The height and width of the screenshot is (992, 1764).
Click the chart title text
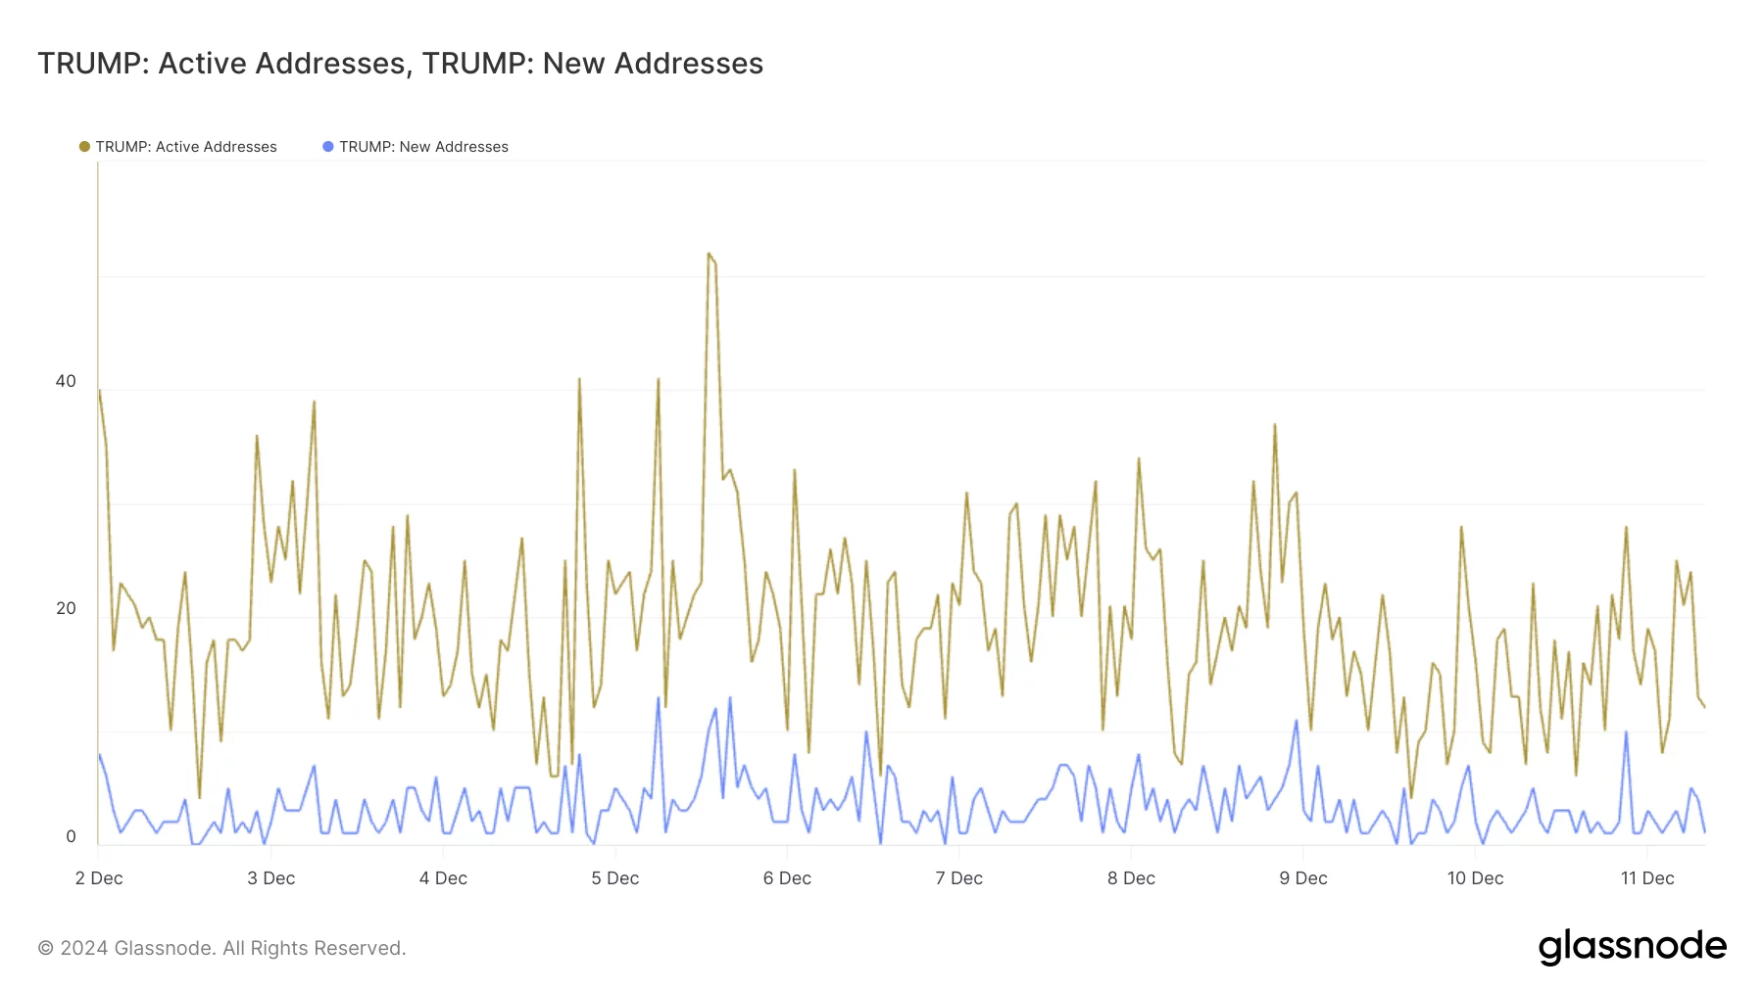coord(400,64)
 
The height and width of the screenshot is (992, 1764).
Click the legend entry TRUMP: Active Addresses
coord(185,147)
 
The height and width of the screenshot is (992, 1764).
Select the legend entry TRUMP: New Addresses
coord(423,147)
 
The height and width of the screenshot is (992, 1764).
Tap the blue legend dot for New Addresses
coord(328,147)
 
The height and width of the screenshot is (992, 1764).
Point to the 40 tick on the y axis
coord(66,381)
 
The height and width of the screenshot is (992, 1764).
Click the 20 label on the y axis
coord(66,608)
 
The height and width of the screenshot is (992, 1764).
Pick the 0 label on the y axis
coord(71,836)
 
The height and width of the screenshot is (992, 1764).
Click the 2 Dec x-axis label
coord(99,878)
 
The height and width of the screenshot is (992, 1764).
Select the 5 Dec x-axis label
coord(614,878)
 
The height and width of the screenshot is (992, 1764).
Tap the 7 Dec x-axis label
coord(958,878)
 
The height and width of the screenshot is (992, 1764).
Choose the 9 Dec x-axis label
coord(1302,878)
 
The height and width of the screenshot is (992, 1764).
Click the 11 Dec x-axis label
coord(1646,878)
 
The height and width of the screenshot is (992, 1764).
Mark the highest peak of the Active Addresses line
coord(709,254)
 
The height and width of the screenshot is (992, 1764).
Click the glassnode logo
coord(1632,946)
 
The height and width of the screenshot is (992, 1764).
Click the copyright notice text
coord(221,948)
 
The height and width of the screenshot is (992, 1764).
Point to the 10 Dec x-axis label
coord(1475,878)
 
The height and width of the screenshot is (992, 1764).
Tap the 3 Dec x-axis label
coord(270,878)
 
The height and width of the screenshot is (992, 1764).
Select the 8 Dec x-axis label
coord(1131,878)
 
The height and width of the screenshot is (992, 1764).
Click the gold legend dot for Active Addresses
coord(84,147)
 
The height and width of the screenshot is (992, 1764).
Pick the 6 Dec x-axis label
coord(787,878)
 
